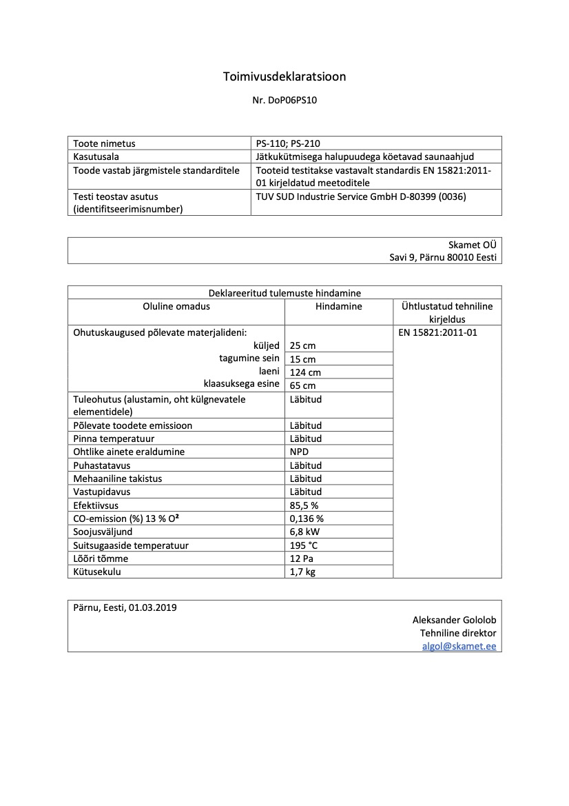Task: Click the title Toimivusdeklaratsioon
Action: (x=284, y=77)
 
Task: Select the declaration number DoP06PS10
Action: (x=296, y=100)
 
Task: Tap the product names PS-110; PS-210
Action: (x=288, y=143)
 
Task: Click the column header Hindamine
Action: (x=338, y=306)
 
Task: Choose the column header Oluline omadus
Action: (x=176, y=306)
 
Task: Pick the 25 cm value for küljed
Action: (x=302, y=345)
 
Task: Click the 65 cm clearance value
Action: (x=302, y=385)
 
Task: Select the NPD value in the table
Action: (x=300, y=452)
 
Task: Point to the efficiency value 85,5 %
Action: (x=304, y=505)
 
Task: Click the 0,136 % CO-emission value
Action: (x=307, y=518)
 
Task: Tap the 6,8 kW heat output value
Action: (x=304, y=532)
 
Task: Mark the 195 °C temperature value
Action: (x=304, y=545)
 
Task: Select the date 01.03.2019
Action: (x=152, y=607)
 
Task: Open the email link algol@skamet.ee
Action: (x=459, y=646)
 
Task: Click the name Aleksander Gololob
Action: (x=454, y=620)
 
